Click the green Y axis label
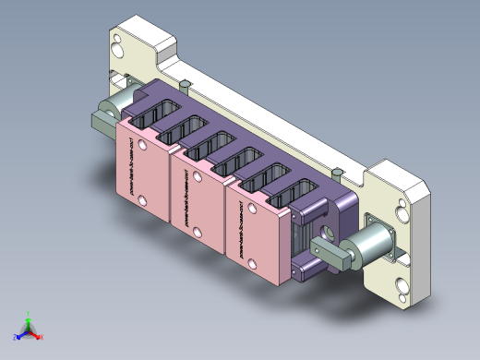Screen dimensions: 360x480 coord(29,313)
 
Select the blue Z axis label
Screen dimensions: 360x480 coord(16,336)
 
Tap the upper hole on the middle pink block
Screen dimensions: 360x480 coord(198,175)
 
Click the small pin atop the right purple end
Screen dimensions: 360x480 coord(338,172)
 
